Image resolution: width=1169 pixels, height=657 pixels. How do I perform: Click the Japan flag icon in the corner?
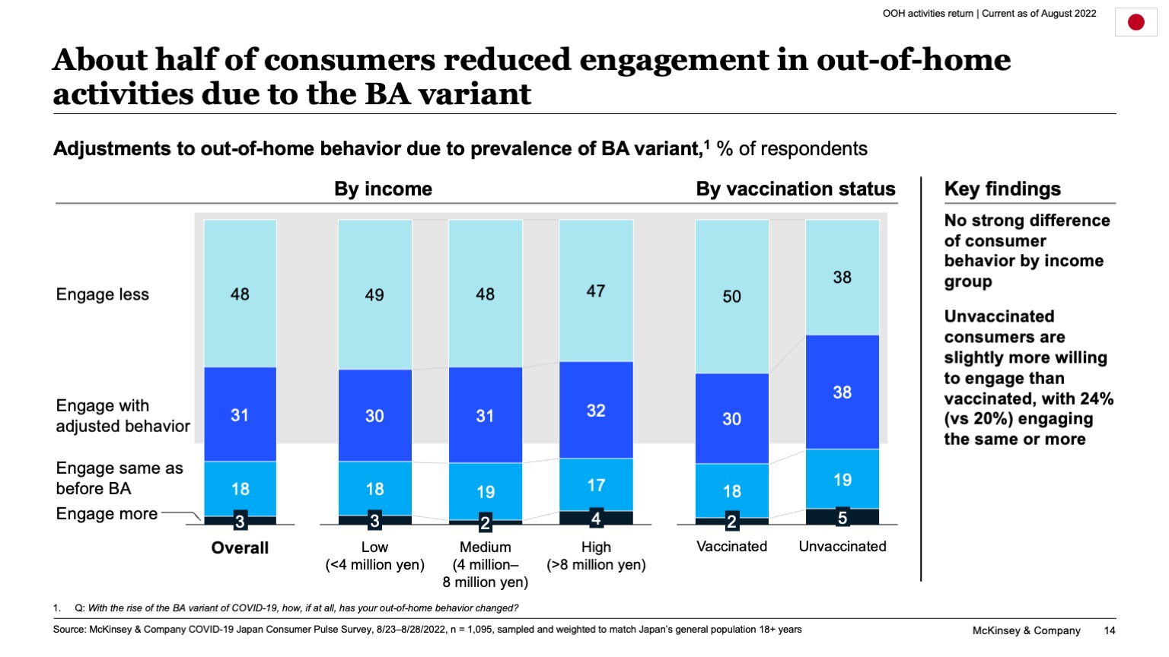[1136, 23]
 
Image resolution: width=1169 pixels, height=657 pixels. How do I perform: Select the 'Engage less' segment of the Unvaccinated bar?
[842, 278]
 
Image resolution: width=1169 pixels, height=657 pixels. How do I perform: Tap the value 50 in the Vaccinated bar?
[731, 297]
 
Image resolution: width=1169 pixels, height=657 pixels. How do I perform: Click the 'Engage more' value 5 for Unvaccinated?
[842, 518]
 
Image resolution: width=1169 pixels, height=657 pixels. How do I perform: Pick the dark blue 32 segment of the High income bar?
[596, 411]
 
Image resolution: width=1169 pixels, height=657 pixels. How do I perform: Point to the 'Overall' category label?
[240, 547]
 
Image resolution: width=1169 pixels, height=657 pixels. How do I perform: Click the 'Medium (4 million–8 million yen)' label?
[486, 564]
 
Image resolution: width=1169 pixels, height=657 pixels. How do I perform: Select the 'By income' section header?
[383, 189]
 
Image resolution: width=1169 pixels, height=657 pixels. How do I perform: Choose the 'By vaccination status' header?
[795, 189]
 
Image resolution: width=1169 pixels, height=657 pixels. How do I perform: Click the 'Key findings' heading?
[1002, 189]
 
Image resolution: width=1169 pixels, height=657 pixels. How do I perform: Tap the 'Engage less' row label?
[103, 295]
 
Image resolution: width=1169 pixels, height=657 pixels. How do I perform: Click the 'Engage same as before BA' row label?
[119, 478]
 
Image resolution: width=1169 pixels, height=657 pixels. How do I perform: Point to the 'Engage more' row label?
[107, 514]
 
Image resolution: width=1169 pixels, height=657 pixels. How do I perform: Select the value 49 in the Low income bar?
[374, 295]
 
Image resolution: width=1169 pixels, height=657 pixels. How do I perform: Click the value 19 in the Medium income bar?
[486, 492]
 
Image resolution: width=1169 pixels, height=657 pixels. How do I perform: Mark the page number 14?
[1110, 630]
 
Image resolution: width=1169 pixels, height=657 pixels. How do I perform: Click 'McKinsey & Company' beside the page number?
[1026, 630]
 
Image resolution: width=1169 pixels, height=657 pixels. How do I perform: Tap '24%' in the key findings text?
[1095, 398]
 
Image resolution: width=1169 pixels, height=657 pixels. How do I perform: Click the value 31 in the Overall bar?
[240, 415]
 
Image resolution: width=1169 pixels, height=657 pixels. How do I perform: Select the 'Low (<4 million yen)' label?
[374, 556]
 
